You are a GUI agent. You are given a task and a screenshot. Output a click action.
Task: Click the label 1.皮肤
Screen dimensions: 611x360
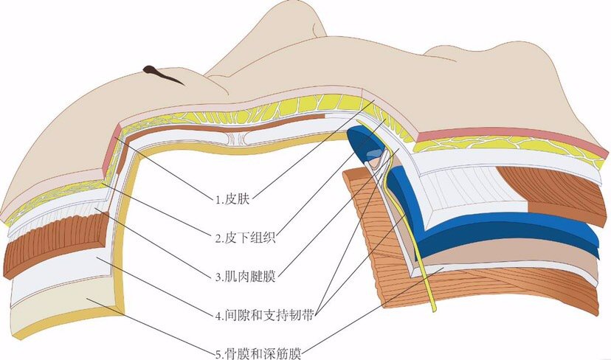(232, 200)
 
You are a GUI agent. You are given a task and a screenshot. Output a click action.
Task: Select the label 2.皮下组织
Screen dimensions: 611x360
(246, 238)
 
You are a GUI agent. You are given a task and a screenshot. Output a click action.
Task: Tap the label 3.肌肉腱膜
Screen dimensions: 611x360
(246, 277)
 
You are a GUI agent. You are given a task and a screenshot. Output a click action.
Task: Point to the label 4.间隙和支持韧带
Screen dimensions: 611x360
(264, 315)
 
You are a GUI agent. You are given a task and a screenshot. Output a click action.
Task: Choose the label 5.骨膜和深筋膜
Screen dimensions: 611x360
(258, 354)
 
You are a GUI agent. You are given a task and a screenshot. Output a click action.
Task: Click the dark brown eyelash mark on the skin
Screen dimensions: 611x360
(161, 74)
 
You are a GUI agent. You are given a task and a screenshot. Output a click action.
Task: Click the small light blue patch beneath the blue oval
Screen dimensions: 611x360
(372, 155)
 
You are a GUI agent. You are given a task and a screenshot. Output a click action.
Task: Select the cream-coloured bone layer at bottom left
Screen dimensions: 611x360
(58, 312)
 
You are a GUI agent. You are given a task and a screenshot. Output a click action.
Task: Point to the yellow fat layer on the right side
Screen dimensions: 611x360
(506, 148)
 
